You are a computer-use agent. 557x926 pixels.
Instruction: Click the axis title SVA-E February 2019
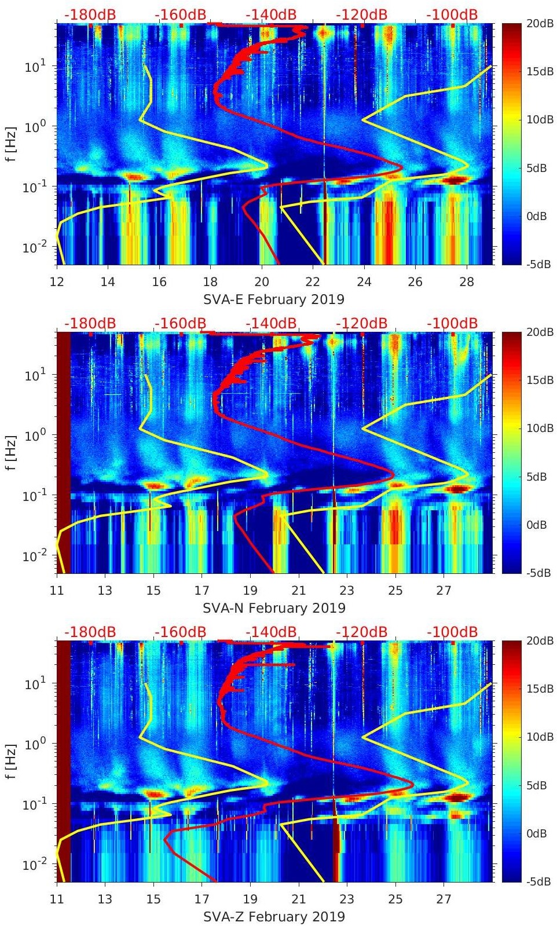click(274, 299)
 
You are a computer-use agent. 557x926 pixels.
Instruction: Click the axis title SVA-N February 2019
click(274, 608)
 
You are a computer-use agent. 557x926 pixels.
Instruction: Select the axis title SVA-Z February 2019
click(274, 917)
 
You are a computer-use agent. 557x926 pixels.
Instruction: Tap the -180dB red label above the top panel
click(90, 14)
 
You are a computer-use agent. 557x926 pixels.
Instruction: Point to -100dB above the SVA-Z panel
click(452, 632)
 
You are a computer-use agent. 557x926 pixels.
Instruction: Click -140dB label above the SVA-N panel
click(271, 323)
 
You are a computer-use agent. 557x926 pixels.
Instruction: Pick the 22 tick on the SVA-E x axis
click(313, 282)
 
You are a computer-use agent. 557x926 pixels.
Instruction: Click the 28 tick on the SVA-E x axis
click(467, 282)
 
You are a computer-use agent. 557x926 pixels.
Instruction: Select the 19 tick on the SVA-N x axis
click(250, 591)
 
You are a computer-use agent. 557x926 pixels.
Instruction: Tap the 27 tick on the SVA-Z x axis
click(444, 899)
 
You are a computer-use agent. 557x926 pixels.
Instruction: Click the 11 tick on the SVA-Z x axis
click(57, 899)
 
